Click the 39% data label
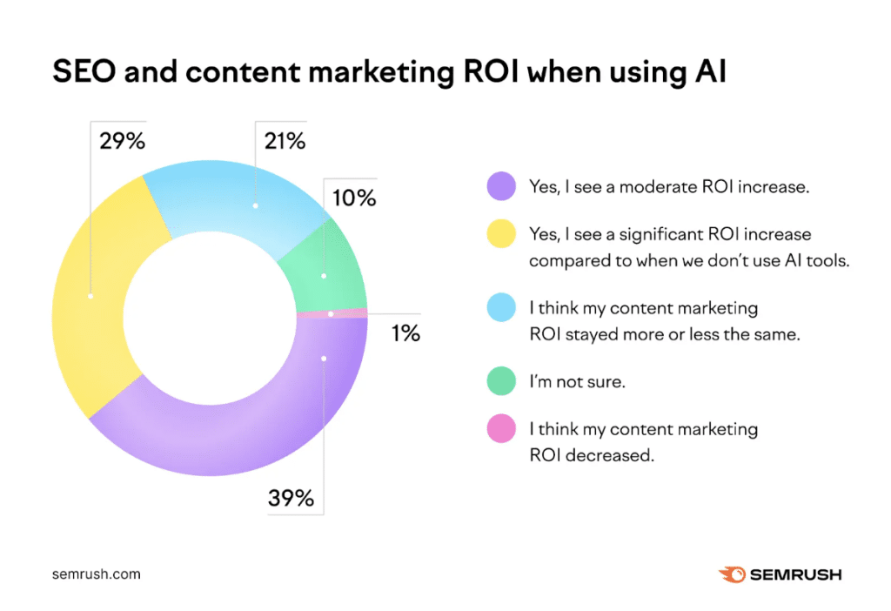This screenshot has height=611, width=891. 291,499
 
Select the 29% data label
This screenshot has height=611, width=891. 122,140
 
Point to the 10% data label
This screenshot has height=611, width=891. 353,198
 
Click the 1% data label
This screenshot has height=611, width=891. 405,333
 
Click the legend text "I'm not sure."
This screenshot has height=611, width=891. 577,381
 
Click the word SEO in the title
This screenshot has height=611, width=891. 84,72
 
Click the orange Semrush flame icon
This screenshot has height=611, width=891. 731,574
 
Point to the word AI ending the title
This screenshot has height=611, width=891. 709,72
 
